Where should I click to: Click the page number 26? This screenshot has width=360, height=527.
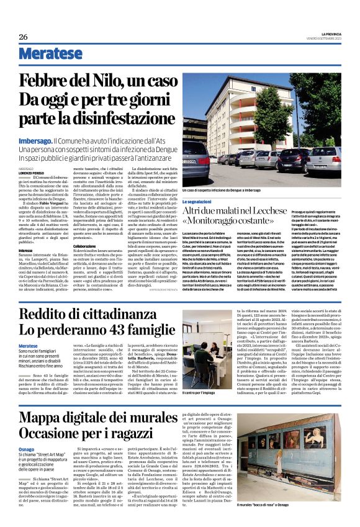coord(24,37)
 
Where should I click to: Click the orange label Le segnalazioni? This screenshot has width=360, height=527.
coord(198,202)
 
